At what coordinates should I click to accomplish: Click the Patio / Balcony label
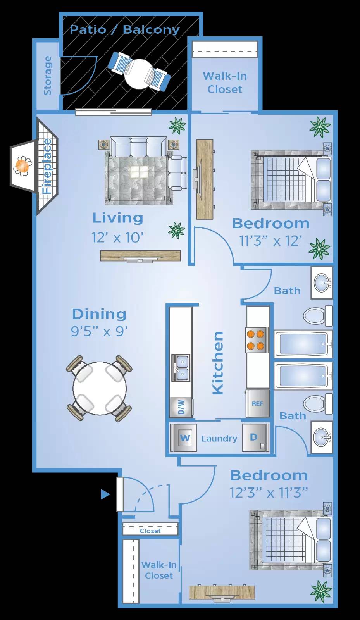(x=124, y=30)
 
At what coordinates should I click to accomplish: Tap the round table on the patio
(x=138, y=73)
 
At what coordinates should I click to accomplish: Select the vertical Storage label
(x=48, y=76)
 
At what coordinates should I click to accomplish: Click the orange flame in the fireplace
(x=22, y=166)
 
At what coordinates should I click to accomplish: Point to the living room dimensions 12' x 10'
(x=117, y=237)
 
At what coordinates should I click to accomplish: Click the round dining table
(x=100, y=388)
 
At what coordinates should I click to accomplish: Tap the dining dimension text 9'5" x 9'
(x=99, y=331)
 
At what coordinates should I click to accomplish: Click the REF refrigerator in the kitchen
(x=257, y=403)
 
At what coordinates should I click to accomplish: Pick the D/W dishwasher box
(x=181, y=407)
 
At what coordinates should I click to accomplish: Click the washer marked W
(x=185, y=438)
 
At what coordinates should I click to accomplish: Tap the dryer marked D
(x=254, y=437)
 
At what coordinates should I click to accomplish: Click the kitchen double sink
(x=181, y=368)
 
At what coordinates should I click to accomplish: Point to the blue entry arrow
(x=105, y=494)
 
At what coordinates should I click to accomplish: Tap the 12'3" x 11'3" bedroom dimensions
(x=269, y=493)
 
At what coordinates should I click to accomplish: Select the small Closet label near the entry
(x=150, y=531)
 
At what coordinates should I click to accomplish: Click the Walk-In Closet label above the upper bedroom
(x=225, y=83)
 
